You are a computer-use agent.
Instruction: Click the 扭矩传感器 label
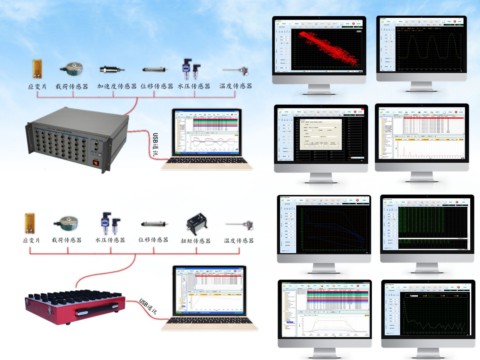195,241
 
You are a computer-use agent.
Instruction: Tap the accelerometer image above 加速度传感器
112,69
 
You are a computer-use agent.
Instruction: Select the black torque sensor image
196,224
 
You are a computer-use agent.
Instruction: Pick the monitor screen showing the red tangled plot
319,46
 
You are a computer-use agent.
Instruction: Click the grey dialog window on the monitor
321,134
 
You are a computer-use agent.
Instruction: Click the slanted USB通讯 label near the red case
148,306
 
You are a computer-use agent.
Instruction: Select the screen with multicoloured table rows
325,311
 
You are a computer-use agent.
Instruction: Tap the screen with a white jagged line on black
428,312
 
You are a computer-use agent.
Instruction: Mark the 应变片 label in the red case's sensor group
31,240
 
